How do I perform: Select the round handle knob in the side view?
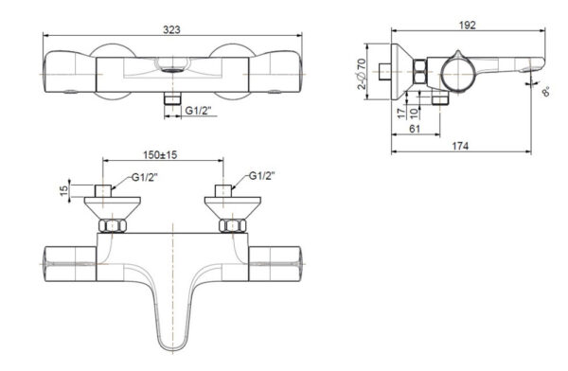tap(452, 73)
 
